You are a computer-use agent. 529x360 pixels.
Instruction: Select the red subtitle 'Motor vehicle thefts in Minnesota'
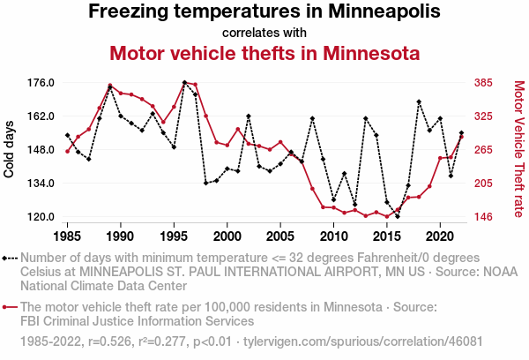(x=264, y=53)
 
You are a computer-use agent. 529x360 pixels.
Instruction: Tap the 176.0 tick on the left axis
(x=41, y=83)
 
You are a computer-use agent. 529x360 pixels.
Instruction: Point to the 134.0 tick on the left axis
(x=41, y=184)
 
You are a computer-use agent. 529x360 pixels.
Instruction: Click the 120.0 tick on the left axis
(x=41, y=217)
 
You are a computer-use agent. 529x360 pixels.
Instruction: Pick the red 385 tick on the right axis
(x=483, y=83)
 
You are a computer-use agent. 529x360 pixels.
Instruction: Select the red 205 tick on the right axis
(x=483, y=184)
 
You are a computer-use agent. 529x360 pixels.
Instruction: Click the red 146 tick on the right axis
(x=483, y=217)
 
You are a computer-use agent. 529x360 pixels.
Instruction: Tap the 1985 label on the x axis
(x=68, y=236)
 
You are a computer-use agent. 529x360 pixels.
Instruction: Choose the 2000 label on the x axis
(x=227, y=236)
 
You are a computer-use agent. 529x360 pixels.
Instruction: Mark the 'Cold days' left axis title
(x=10, y=150)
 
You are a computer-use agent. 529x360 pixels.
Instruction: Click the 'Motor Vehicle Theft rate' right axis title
(x=518, y=149)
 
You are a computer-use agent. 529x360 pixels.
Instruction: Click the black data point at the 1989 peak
(x=110, y=86)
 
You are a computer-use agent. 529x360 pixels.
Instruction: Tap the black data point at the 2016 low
(x=398, y=216)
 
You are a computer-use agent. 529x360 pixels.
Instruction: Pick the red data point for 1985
(x=68, y=151)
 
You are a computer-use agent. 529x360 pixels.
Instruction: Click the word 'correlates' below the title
(x=249, y=34)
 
